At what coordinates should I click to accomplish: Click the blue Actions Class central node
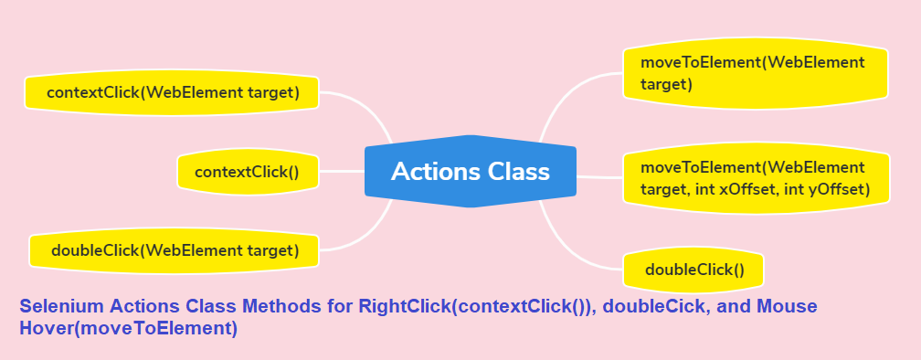(470, 172)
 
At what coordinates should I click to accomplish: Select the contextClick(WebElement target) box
(172, 93)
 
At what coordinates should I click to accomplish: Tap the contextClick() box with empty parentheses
(248, 172)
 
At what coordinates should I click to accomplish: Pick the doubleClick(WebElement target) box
(174, 250)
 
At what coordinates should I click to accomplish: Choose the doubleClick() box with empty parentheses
(693, 270)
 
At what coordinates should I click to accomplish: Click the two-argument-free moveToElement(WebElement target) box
(756, 73)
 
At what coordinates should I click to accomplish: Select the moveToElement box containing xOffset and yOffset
(756, 178)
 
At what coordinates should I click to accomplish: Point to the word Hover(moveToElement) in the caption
(129, 328)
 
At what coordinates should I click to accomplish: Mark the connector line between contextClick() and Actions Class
(342, 172)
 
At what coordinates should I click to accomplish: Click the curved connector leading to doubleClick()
(567, 246)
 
